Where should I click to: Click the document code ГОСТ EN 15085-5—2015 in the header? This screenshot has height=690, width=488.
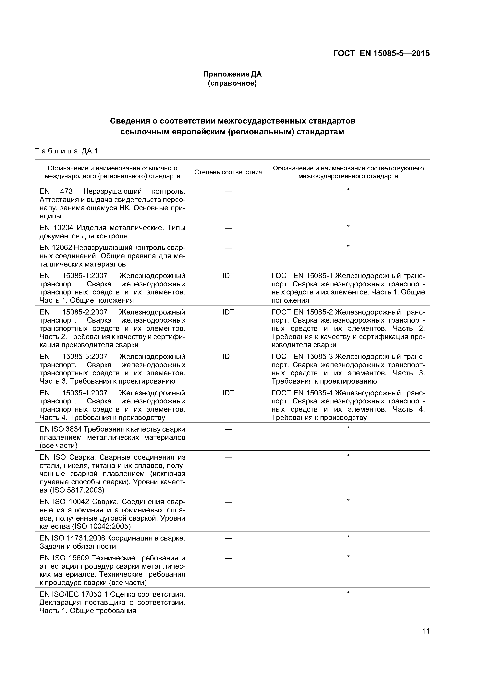pos(381,54)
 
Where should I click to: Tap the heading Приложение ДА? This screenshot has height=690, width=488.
pos(232,74)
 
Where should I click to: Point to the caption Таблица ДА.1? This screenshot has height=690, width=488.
pos(66,151)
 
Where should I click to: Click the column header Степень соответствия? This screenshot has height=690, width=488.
pos(228,172)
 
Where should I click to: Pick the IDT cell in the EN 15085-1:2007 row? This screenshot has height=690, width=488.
pos(228,276)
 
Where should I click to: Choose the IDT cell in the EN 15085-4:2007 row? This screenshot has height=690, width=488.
pos(228,393)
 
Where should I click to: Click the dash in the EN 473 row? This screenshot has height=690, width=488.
pos(228,191)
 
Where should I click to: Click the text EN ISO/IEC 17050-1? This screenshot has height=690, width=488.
pos(74,594)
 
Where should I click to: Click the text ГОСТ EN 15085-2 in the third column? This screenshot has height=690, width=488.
pos(302,312)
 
